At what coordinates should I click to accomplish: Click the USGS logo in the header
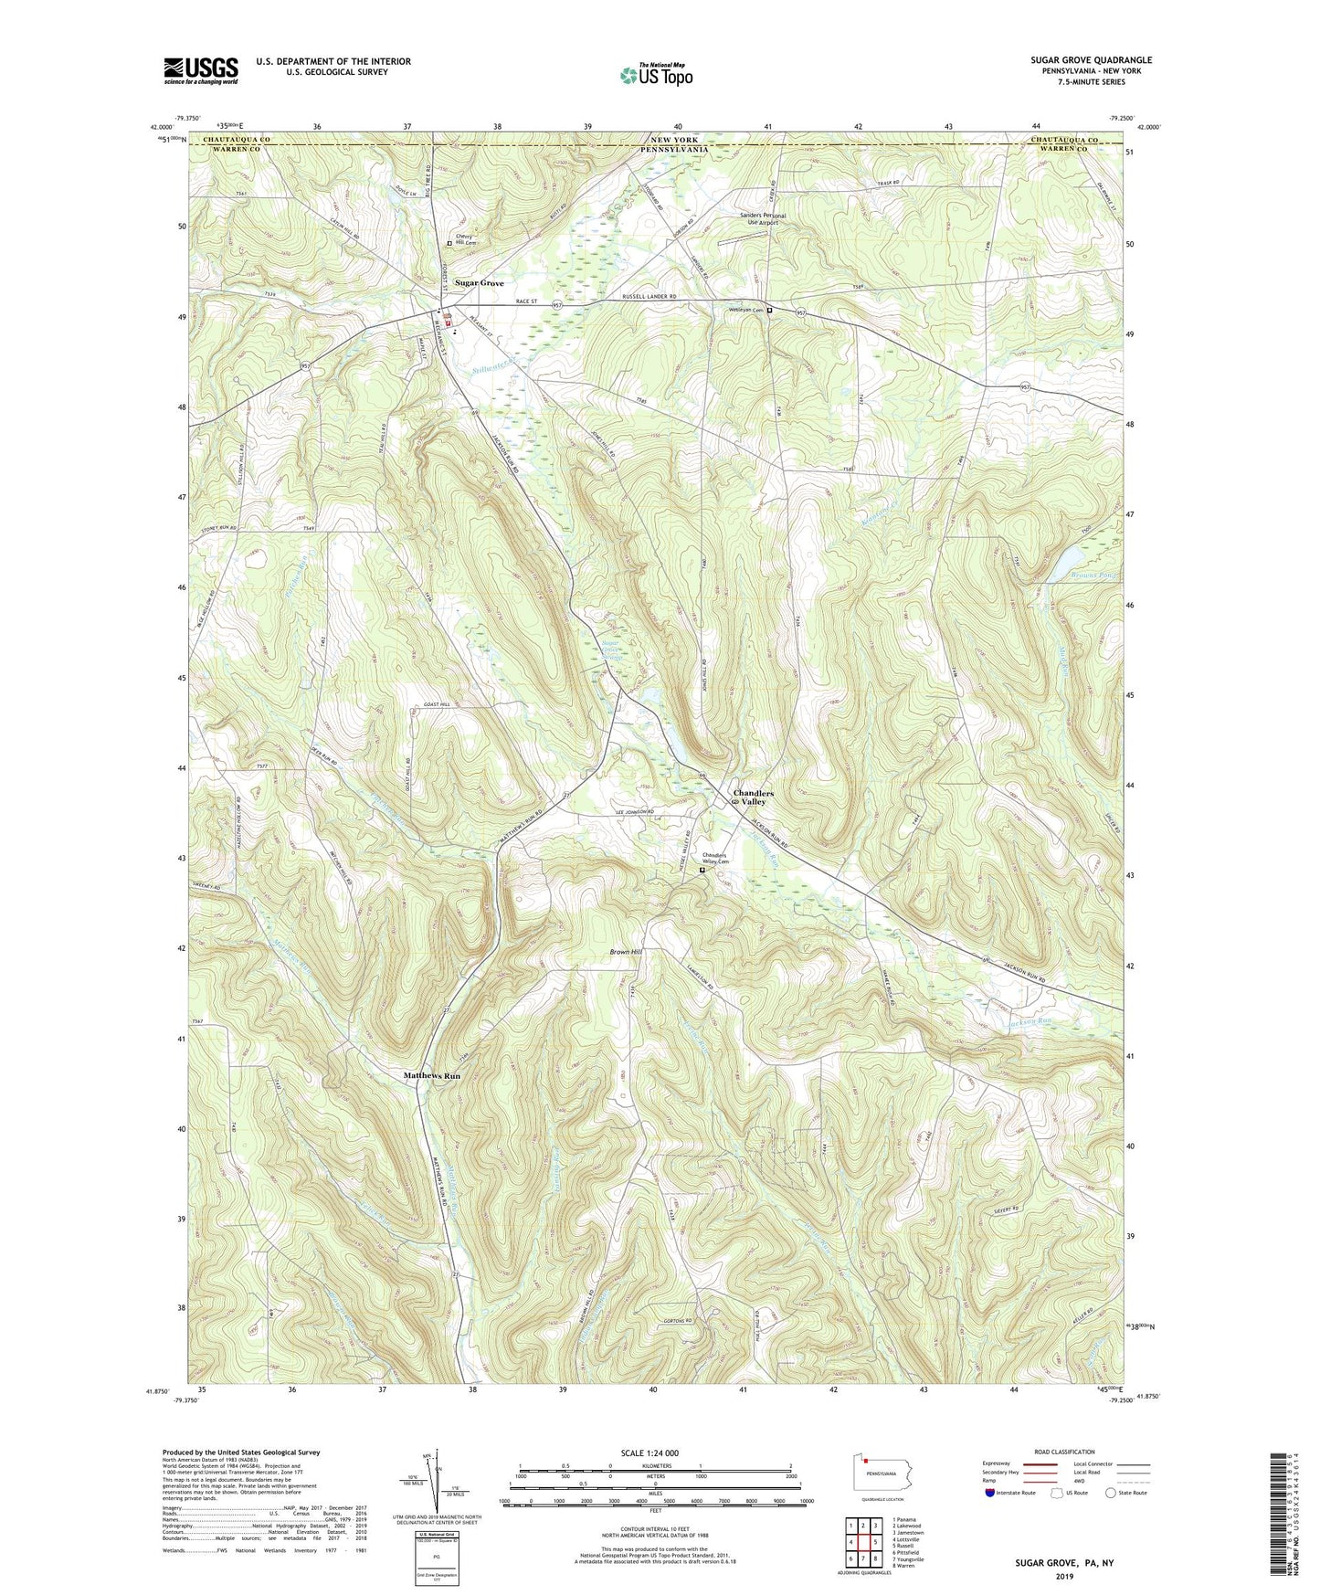click(201, 69)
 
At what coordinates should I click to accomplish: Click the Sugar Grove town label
click(480, 283)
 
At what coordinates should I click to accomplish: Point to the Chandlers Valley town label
click(754, 797)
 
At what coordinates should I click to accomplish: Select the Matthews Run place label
click(432, 1076)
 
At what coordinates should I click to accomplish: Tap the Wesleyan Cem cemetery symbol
click(769, 311)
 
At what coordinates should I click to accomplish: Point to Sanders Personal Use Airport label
click(763, 219)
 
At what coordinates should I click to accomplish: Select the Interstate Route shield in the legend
click(991, 1493)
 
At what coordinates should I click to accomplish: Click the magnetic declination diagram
click(437, 1478)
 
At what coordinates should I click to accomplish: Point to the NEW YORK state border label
click(673, 139)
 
